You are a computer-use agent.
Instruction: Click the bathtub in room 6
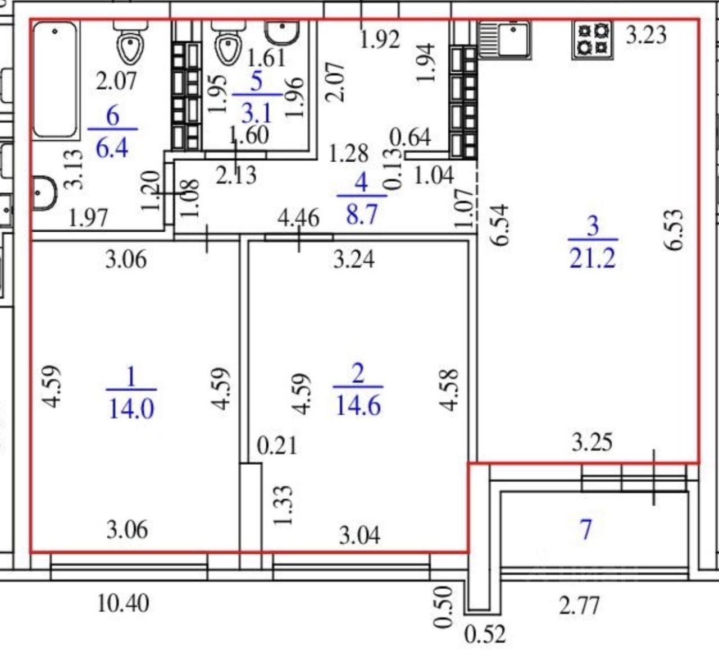click(55, 80)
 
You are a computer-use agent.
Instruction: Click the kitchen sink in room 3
click(504, 39)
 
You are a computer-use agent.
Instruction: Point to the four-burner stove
click(593, 39)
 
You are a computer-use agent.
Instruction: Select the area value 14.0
click(131, 409)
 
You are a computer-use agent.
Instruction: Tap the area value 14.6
click(358, 406)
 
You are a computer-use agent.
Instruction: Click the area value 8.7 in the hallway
click(362, 214)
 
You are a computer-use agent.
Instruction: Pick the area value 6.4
click(112, 148)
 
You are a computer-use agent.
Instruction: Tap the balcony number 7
click(585, 530)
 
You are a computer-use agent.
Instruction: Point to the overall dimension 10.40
click(123, 603)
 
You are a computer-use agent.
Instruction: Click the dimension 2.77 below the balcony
click(579, 605)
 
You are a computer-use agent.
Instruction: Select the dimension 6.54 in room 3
click(500, 225)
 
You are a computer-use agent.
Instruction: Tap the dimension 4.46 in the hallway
click(299, 218)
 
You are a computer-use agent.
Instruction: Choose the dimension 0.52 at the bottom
click(485, 634)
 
